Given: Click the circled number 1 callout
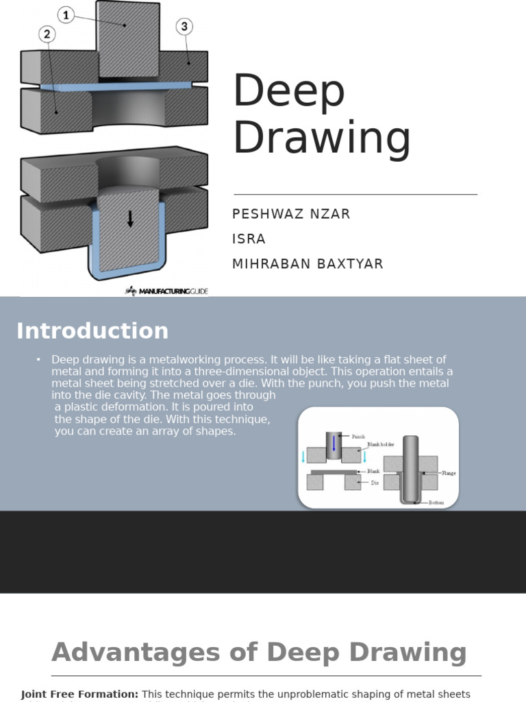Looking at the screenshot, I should [66, 14].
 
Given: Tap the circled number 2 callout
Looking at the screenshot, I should [47, 34].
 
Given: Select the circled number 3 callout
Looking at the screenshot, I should [184, 27].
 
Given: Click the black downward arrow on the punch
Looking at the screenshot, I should [130, 219].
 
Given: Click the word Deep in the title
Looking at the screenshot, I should [289, 92].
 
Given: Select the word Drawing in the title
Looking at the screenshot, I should [322, 138].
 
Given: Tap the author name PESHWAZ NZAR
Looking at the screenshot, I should [291, 214].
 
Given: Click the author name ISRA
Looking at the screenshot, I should [249, 239].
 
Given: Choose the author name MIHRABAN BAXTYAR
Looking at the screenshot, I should [308, 264].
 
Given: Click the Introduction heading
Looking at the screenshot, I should [92, 331].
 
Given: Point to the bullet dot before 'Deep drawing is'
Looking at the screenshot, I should [39, 360].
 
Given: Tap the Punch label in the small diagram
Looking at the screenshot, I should [358, 437].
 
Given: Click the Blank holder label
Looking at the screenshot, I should [382, 445].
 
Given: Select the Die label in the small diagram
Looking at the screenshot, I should [375, 483].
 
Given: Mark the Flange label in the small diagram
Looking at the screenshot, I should [449, 474].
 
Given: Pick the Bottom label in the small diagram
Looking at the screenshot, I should [436, 503].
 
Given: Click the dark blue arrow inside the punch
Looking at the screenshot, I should [334, 444].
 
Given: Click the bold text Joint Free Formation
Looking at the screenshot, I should [79, 694].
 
